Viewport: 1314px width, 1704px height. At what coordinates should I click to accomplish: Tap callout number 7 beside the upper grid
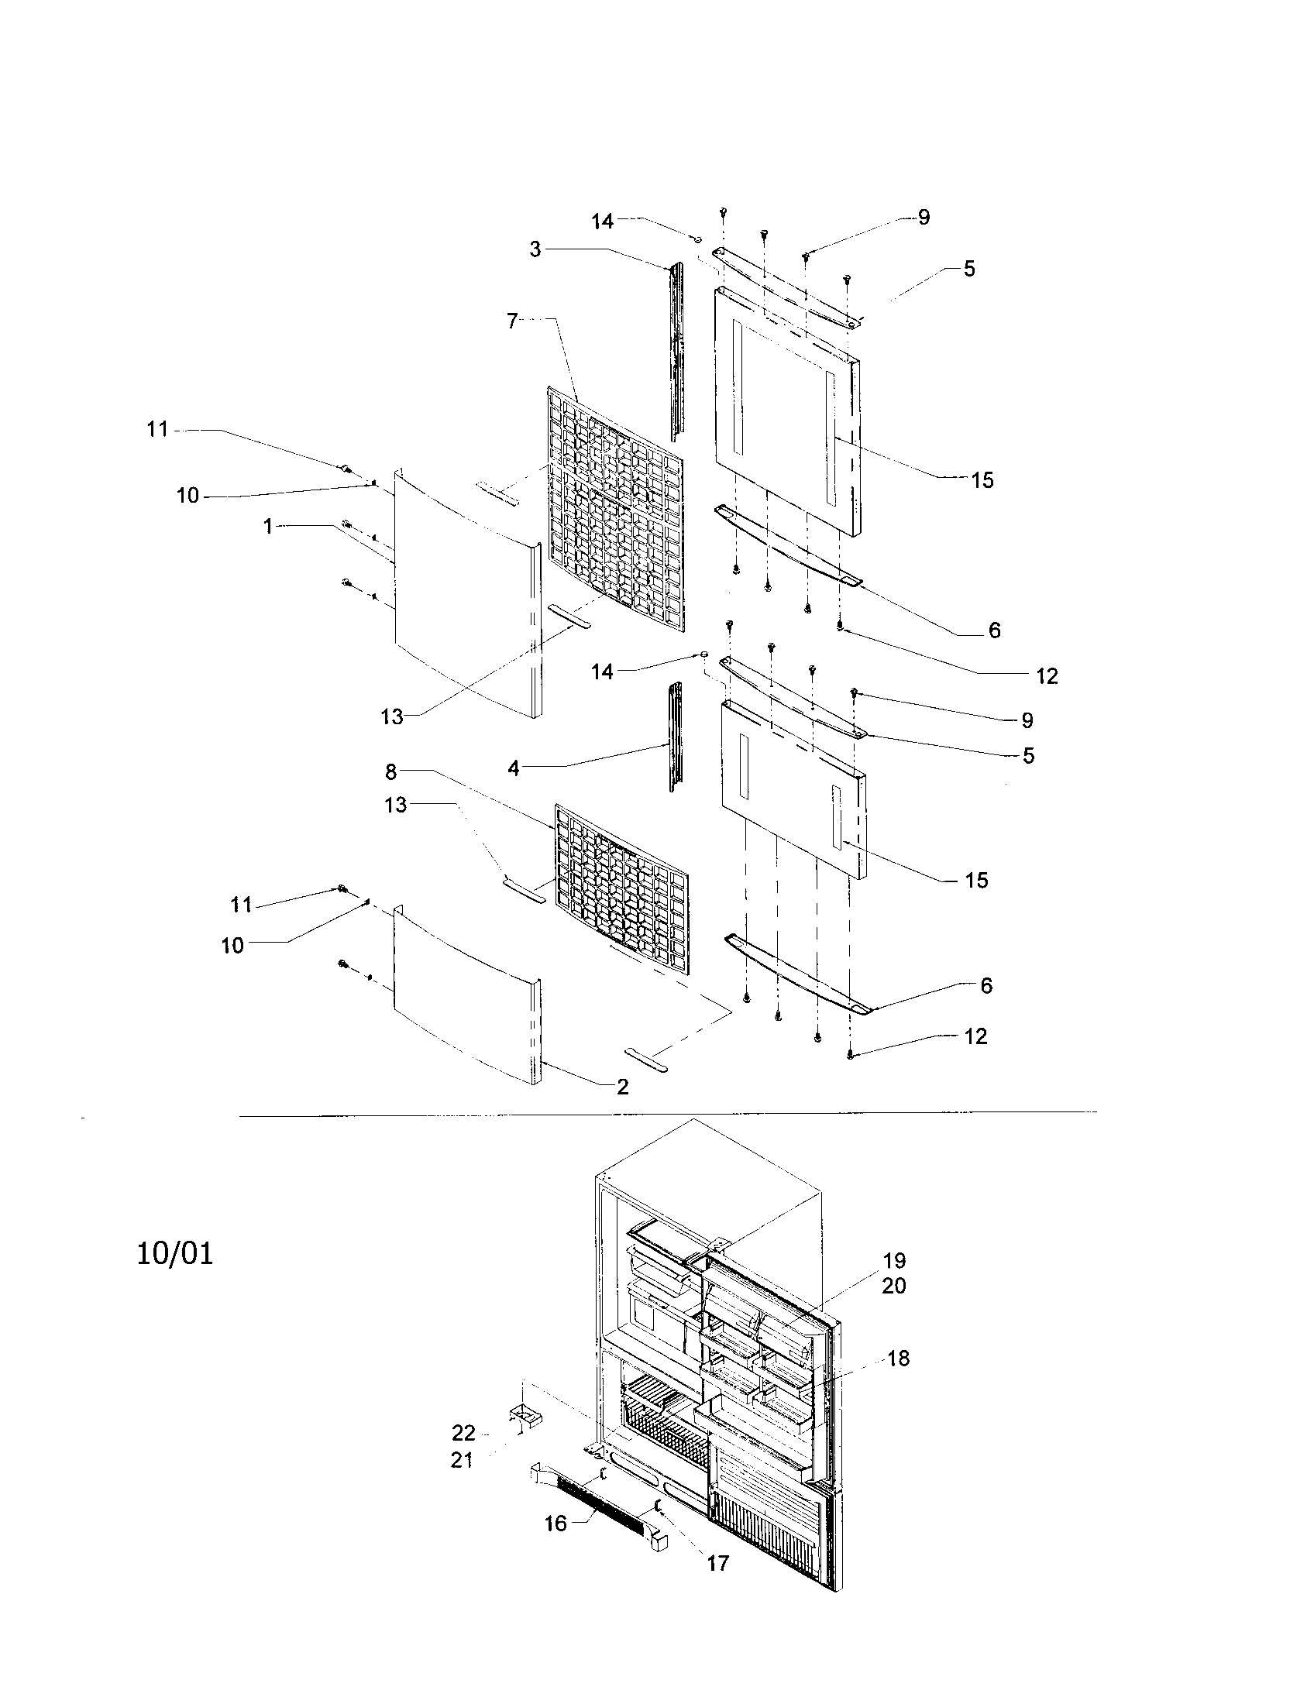[x=512, y=321]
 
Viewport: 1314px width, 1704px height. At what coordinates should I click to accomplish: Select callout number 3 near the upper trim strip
[x=535, y=250]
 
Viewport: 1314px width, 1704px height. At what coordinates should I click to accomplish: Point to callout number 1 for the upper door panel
[x=267, y=527]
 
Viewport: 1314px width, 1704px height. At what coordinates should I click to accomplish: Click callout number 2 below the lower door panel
[x=622, y=1087]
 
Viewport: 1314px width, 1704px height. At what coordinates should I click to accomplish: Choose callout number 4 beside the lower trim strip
[x=513, y=768]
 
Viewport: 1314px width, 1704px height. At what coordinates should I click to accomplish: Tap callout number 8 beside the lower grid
[x=390, y=772]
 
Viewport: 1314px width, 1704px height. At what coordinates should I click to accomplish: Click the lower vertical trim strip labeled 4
[x=675, y=737]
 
